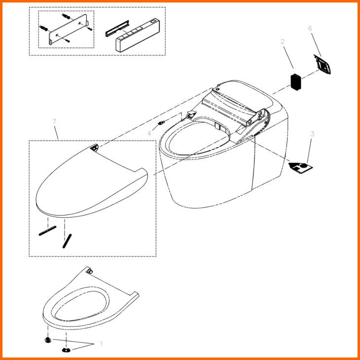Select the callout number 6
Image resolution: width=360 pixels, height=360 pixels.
(310, 29)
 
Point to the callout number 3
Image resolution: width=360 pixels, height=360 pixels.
(313, 134)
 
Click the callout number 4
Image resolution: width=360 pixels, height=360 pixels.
(149, 134)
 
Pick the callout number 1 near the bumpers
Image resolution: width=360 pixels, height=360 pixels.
(101, 343)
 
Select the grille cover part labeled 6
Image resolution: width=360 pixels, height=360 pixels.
(323, 64)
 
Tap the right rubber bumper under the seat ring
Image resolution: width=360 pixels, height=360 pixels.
(66, 350)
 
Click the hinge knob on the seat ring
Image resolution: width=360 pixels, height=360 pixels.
(89, 271)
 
